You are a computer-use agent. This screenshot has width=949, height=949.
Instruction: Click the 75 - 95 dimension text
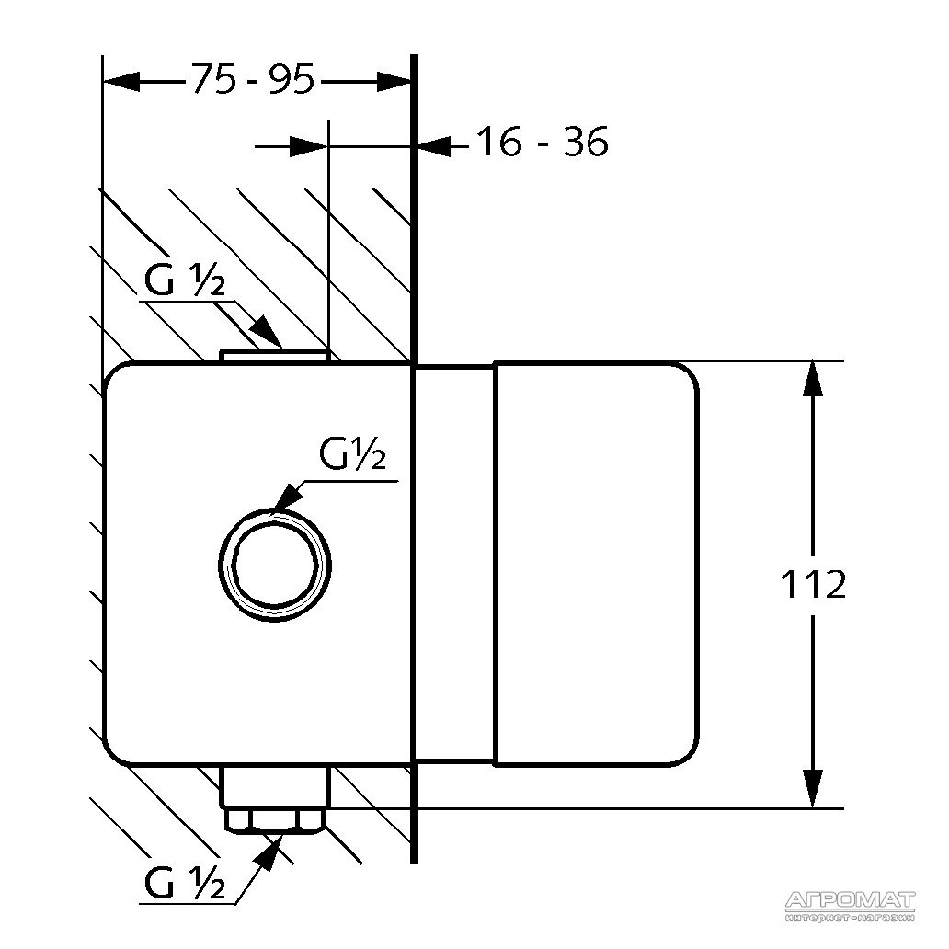coord(253,81)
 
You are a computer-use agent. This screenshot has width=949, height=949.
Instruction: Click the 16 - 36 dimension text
coord(542,143)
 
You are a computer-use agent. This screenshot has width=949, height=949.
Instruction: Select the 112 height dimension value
coord(812,584)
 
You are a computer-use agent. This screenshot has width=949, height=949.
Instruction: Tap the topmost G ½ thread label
coord(185,282)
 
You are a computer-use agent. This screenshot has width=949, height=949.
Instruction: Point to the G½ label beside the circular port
coord(351,454)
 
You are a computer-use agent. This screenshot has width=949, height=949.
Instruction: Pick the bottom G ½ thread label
coord(185,884)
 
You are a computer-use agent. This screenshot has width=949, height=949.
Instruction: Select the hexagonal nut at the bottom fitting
coord(275,818)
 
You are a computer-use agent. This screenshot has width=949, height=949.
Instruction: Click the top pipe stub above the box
coord(274,356)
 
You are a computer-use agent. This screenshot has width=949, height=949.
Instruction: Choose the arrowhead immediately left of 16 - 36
coord(435,144)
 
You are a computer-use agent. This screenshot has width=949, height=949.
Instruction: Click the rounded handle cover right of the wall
coord(596,564)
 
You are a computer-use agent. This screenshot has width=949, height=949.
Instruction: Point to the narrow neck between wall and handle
coord(456,564)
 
